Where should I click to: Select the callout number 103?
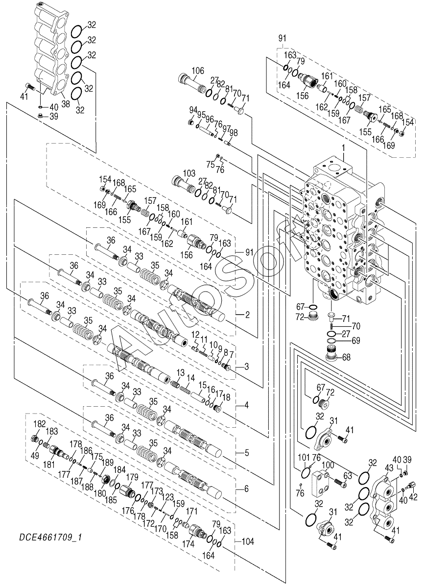(x=189, y=173)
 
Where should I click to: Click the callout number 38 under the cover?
(x=66, y=104)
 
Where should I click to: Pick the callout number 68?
(x=346, y=357)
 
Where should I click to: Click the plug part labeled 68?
(x=332, y=354)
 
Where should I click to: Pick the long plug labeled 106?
(x=191, y=84)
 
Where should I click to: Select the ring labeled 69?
(x=332, y=341)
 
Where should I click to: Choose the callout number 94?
(x=193, y=110)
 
